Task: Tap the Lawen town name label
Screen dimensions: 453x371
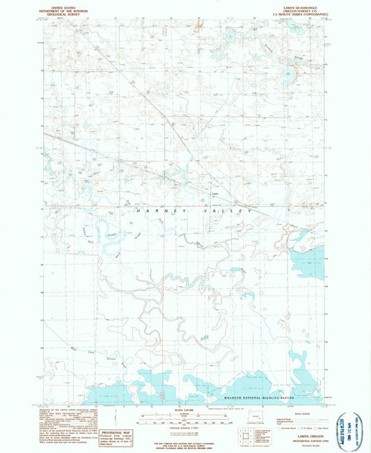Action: [x=215, y=193]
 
